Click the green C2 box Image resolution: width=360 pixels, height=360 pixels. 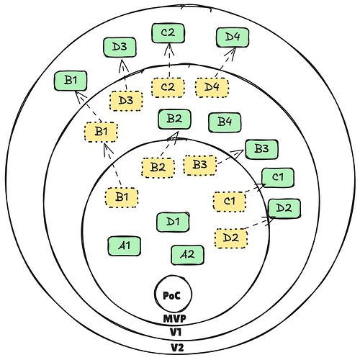(x=168, y=33)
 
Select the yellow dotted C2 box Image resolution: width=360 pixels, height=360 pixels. (x=168, y=87)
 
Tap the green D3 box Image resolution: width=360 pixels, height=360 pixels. (x=120, y=47)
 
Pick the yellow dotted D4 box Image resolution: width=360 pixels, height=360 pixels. (x=212, y=87)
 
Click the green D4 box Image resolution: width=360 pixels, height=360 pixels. (x=233, y=37)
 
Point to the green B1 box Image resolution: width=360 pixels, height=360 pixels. (x=71, y=81)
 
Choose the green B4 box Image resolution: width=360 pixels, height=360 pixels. (x=225, y=122)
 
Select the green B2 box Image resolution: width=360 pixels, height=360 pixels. (x=174, y=119)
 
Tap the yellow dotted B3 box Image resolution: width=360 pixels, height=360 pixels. (x=200, y=165)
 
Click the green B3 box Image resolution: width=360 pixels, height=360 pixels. (x=261, y=149)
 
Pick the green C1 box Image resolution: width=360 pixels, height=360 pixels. (x=278, y=178)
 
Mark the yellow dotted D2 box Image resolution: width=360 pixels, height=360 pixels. (x=230, y=238)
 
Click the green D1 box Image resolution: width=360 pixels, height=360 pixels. (x=173, y=222)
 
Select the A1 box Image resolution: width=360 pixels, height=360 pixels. (x=124, y=246)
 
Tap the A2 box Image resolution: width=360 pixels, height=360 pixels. (x=187, y=255)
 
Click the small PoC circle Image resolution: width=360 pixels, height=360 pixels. (x=174, y=294)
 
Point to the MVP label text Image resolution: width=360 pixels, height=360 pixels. (x=174, y=319)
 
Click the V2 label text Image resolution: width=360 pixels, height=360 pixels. (x=177, y=348)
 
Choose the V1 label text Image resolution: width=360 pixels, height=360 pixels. (x=176, y=333)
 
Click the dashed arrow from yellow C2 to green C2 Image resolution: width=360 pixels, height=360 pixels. (x=169, y=60)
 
